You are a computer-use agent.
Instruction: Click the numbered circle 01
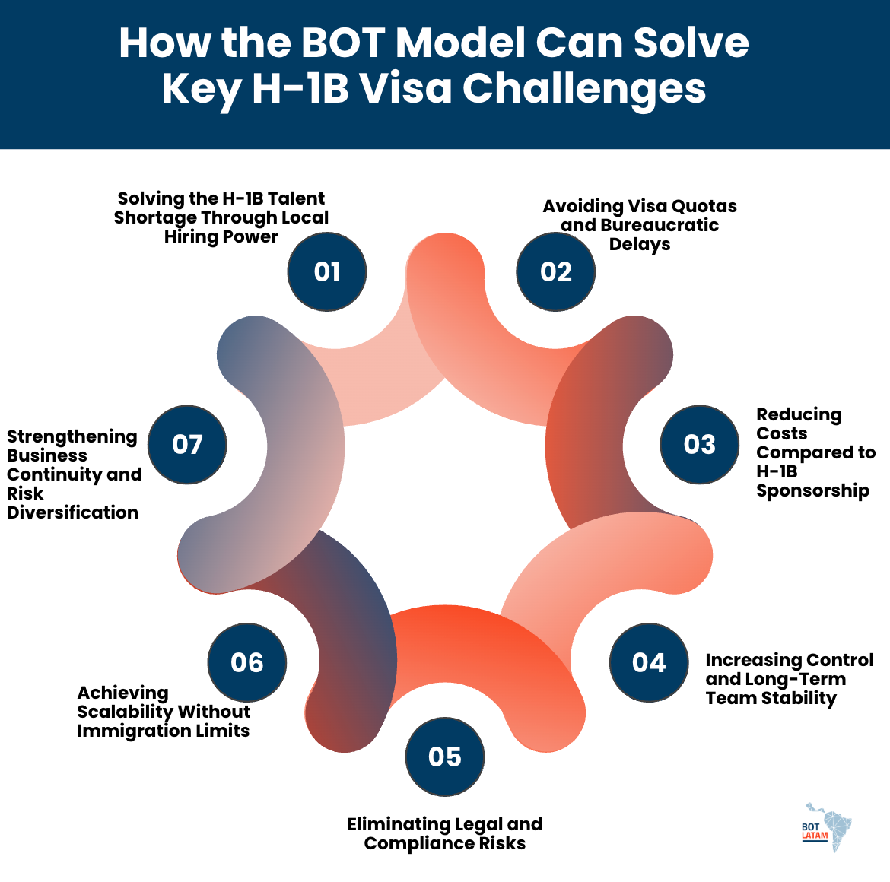pos(327,272)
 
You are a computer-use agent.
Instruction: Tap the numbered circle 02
pos(555,272)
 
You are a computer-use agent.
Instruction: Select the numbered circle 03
pos(699,445)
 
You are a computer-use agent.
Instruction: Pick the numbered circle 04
pos(649,663)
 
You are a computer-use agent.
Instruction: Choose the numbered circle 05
pos(445,757)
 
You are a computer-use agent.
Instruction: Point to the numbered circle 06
pos(247,663)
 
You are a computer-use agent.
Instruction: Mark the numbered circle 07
pos(187,445)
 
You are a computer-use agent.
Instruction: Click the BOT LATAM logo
pos(828,827)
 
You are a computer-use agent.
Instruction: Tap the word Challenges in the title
pos(584,89)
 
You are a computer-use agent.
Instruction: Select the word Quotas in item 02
pos(708,206)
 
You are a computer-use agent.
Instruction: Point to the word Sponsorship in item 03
pos(812,490)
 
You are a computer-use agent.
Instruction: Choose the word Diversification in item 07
pos(72,512)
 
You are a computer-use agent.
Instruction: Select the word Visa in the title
pos(405,89)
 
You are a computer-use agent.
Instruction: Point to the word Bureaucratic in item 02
pos(659,225)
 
